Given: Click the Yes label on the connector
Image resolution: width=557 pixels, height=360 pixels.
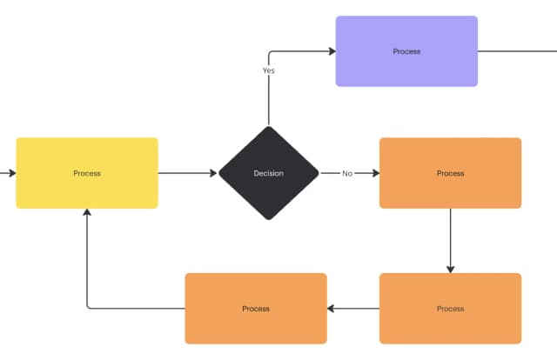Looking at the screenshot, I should [269, 70].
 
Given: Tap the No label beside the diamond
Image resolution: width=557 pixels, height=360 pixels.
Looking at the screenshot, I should [347, 173].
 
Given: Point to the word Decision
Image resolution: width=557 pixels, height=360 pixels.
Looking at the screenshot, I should [268, 173].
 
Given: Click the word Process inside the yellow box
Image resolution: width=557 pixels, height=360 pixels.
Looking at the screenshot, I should [87, 173].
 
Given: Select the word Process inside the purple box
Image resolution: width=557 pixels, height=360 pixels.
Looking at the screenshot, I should [406, 51].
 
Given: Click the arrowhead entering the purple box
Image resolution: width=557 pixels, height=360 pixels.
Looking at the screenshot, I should [332, 51].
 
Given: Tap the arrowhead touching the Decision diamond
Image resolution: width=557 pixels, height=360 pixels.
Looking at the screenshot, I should [212, 173].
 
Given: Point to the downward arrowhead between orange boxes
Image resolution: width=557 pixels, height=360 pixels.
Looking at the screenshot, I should [450, 268].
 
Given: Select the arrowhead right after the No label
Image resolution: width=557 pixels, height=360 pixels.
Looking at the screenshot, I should [375, 173].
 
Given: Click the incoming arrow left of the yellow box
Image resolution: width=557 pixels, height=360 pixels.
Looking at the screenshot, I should [8, 173].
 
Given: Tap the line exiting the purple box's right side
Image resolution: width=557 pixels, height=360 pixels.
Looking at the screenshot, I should [518, 51].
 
